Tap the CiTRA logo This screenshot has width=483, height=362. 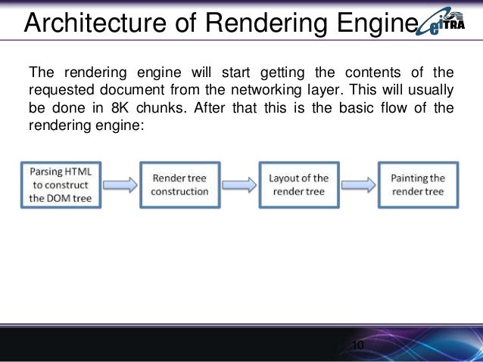(x=448, y=23)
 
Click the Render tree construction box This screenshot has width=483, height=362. (x=179, y=185)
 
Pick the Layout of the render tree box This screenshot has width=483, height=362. (x=298, y=185)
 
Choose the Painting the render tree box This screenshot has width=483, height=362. (x=418, y=185)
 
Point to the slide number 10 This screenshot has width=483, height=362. (x=357, y=345)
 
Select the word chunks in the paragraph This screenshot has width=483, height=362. (x=160, y=107)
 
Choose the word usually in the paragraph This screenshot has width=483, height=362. (x=431, y=90)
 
